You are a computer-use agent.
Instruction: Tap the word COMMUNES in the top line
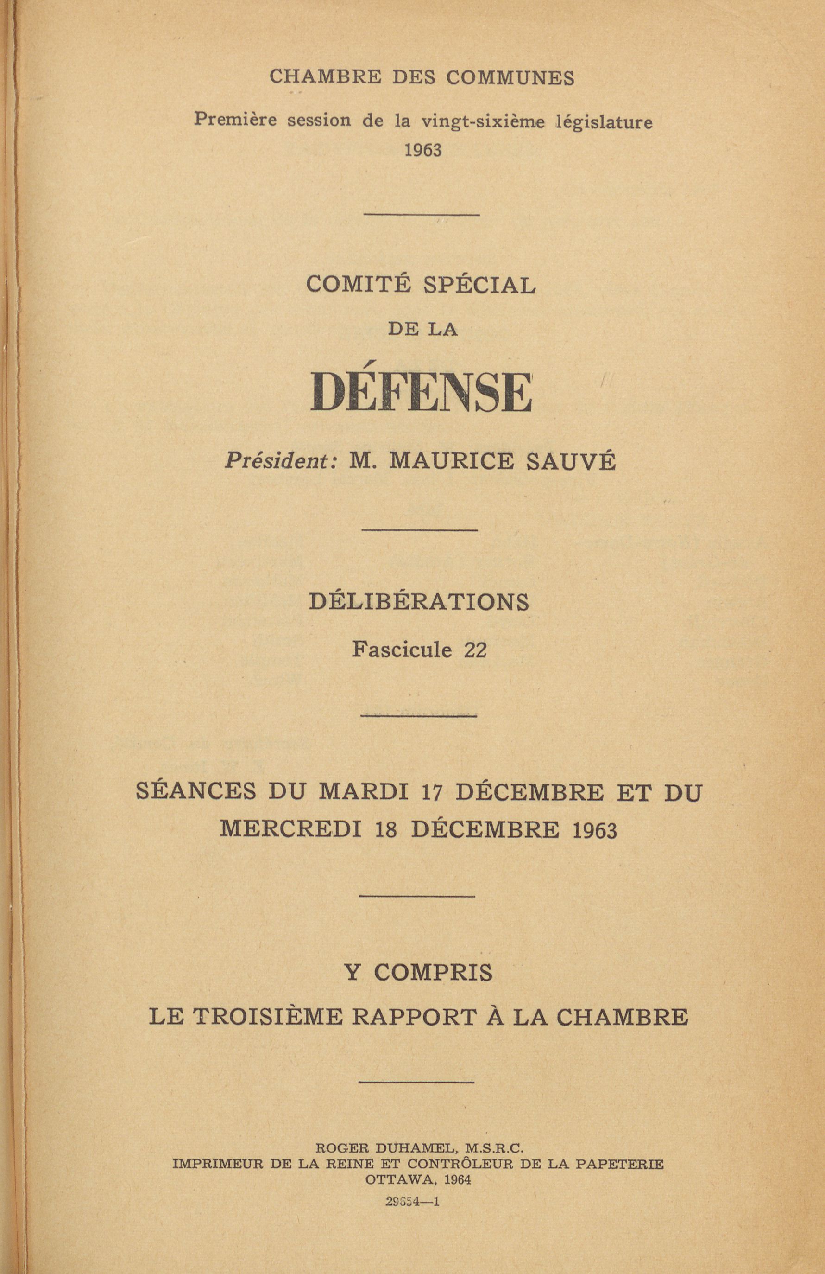tap(510, 78)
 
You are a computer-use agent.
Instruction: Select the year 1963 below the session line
tap(422, 150)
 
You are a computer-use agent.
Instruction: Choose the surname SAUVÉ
tap(571, 461)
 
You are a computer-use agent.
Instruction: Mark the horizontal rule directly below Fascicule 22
tap(419, 715)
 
